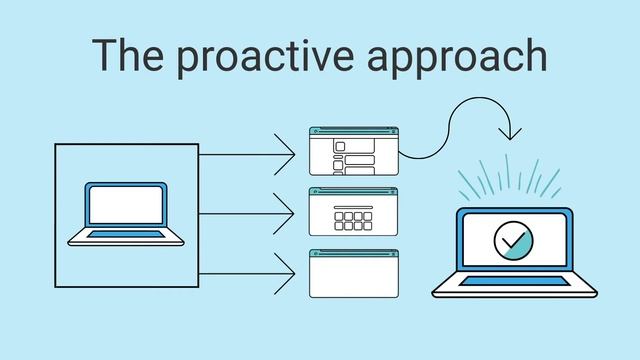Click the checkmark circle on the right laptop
click(x=514, y=241)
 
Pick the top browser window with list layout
click(x=353, y=151)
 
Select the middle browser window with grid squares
click(x=353, y=211)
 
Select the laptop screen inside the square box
click(x=124, y=207)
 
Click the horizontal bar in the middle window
click(x=353, y=207)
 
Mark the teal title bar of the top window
click(x=353, y=131)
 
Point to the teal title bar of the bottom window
click(x=353, y=253)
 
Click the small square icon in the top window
click(x=339, y=146)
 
